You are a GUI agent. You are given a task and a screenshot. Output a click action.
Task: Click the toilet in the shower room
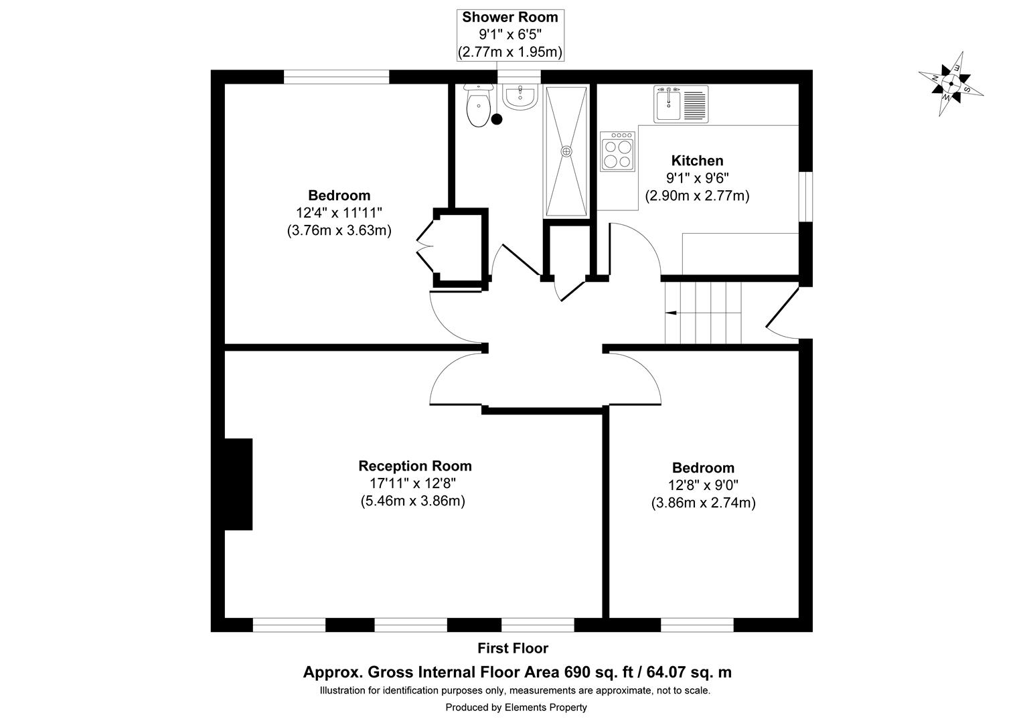477,108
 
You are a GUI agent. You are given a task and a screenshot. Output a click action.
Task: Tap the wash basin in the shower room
520,98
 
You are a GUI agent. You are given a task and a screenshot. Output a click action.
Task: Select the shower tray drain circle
567,151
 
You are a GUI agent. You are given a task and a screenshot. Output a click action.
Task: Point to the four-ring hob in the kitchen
618,151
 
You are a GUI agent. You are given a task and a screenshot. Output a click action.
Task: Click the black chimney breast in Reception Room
238,484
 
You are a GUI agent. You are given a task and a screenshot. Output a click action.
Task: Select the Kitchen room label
697,161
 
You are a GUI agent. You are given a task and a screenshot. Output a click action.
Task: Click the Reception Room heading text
414,466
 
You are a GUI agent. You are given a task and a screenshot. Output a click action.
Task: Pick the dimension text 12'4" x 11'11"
339,213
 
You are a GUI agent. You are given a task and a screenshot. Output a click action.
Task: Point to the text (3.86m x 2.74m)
703,503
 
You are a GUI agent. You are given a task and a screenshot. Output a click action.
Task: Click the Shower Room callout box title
509,17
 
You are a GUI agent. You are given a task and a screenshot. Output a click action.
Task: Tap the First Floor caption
512,648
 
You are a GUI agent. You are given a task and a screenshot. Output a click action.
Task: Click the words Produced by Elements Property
516,707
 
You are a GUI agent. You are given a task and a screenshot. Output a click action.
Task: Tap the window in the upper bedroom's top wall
336,77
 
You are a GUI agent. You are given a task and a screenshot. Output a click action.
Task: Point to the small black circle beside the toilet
497,120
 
